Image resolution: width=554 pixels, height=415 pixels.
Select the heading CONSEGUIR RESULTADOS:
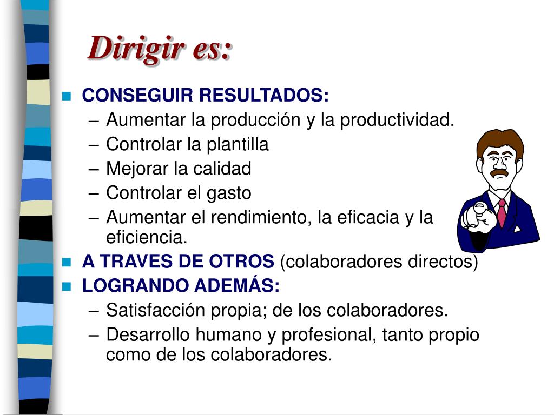coord(205,96)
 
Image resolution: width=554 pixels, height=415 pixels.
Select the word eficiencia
coord(146,237)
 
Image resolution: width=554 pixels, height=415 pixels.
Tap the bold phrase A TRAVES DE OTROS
coord(178,262)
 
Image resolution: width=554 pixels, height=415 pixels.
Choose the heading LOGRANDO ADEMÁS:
coord(181,286)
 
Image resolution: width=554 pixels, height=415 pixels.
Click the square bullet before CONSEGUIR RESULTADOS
coord(67,97)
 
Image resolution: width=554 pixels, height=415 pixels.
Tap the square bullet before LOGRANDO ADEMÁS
coord(67,286)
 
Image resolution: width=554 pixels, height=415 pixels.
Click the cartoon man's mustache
coord(498,173)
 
